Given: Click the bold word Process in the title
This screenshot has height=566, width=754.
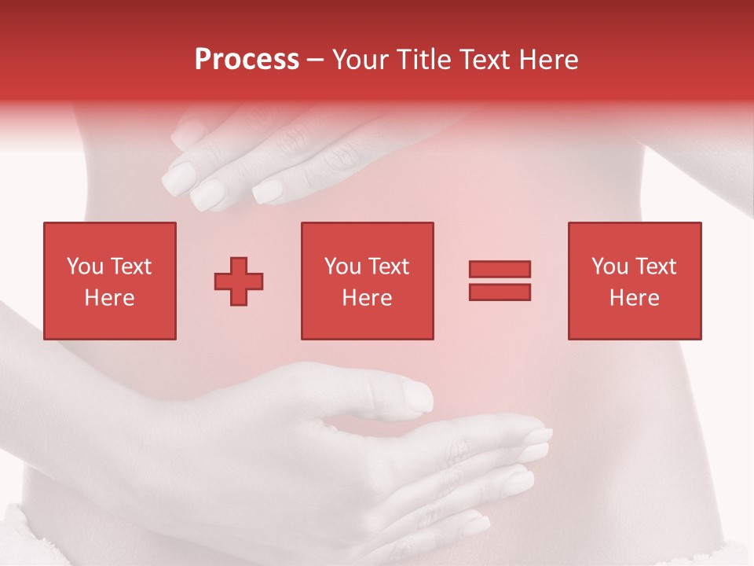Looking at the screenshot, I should click(247, 60).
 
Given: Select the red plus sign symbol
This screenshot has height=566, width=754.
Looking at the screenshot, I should click(239, 281).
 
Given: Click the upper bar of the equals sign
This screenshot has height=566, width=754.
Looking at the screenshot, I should click(500, 269).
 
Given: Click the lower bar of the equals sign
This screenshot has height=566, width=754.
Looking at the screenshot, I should click(500, 292).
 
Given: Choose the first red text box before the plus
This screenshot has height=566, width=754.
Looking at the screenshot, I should click(110, 281).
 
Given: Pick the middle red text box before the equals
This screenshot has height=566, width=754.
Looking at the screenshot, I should click(368, 281).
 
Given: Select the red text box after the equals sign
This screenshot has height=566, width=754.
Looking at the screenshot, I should click(635, 281).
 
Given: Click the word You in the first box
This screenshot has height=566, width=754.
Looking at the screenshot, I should click(85, 266).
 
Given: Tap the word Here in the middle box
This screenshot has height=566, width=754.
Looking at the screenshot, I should click(368, 298).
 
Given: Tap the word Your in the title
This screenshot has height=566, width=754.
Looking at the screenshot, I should click(361, 60).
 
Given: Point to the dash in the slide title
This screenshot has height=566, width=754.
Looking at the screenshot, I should click(315, 61).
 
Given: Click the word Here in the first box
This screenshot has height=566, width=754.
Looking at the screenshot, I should click(110, 298).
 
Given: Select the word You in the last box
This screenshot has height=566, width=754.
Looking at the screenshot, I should click(609, 266).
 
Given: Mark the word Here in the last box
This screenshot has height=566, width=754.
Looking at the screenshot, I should click(635, 298).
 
